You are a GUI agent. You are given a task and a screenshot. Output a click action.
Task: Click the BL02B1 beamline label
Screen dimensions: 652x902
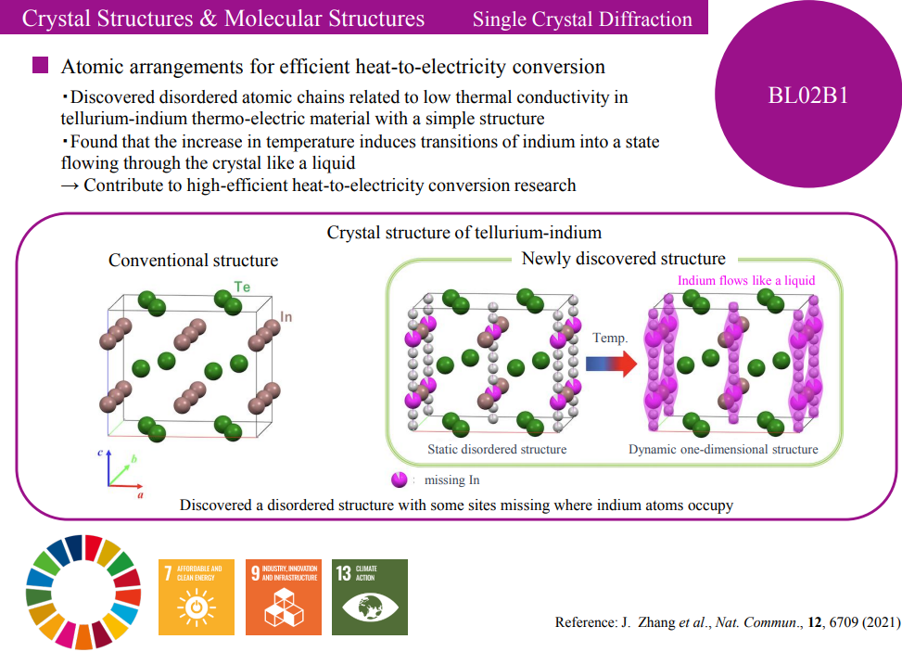click(x=808, y=96)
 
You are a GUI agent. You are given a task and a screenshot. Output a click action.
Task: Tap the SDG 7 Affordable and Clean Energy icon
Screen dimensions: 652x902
click(x=197, y=595)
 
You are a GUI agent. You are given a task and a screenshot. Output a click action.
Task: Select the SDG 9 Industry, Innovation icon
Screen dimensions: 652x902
click(x=283, y=595)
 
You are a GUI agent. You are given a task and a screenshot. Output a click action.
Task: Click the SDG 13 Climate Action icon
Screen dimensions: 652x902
click(x=370, y=595)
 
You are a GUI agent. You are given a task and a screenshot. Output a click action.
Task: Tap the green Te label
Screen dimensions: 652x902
click(x=242, y=288)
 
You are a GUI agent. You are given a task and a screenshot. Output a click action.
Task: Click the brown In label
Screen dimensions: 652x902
click(x=286, y=317)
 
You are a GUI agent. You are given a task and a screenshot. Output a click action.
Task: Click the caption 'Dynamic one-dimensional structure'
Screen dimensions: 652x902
click(x=723, y=449)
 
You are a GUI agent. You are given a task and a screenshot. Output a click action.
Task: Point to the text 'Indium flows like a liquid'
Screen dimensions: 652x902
click(x=746, y=281)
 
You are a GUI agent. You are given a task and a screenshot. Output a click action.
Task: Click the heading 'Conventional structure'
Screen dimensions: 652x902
click(x=193, y=260)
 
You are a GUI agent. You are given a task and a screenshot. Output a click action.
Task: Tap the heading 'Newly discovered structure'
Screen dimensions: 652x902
click(x=623, y=259)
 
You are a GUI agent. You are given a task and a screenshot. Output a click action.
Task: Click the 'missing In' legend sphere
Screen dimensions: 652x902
click(x=400, y=479)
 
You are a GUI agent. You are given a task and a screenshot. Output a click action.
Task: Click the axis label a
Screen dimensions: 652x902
click(x=139, y=495)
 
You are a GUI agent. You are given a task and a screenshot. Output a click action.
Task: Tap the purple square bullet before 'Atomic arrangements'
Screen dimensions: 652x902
click(x=40, y=66)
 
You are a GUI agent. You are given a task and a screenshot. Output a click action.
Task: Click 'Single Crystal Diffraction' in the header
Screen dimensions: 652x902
click(x=582, y=19)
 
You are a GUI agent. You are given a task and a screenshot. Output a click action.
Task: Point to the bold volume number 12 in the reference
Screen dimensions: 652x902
click(x=814, y=621)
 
